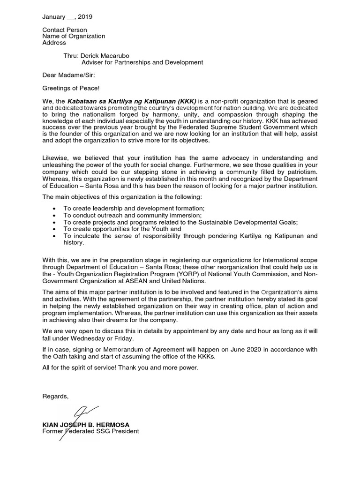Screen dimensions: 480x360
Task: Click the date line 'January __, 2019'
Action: tap(67, 17)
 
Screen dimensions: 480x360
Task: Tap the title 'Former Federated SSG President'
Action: tap(90, 431)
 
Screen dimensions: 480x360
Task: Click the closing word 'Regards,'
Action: tap(55, 396)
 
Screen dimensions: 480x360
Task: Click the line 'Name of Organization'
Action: tap(74, 36)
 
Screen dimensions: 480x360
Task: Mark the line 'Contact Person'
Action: tap(65, 30)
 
